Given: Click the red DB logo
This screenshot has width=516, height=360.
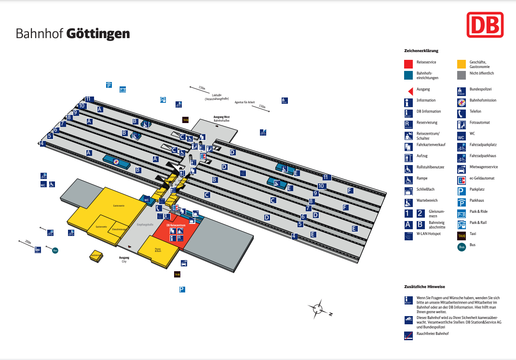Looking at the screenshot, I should point(485,25).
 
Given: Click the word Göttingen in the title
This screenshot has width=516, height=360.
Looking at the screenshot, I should point(98,34).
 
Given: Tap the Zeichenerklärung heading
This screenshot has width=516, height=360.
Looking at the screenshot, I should point(421,51).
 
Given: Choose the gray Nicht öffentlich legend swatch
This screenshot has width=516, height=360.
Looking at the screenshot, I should point(462,74).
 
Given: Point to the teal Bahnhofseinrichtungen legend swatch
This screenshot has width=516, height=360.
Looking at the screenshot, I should point(408,74).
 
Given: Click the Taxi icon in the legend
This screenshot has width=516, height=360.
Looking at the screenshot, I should point(462,235).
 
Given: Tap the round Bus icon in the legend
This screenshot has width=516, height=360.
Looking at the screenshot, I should point(462,247).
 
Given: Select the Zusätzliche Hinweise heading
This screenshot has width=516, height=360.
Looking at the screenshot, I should point(424,287).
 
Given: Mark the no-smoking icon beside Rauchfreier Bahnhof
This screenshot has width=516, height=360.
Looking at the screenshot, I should point(408,335).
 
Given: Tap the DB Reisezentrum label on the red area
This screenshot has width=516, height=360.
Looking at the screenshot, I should point(175,225).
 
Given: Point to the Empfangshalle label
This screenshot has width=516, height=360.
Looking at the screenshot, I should point(145,224).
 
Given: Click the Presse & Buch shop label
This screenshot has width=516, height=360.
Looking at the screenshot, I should point(158,250).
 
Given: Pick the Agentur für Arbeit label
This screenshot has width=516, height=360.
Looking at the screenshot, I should point(244,102).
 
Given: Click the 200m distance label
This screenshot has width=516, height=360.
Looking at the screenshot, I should point(27,241).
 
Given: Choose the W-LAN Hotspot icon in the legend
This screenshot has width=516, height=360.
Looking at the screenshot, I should point(408,236).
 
